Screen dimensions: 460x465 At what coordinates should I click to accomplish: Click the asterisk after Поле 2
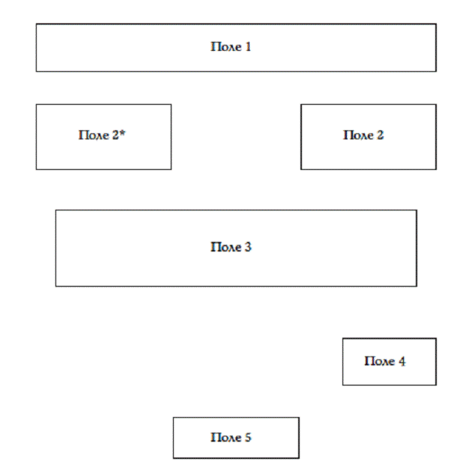(122, 133)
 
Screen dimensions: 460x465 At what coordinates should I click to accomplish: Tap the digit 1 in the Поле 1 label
(248, 47)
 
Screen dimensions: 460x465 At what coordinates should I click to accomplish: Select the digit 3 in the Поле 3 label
(248, 247)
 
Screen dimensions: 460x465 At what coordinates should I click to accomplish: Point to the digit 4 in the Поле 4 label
(402, 361)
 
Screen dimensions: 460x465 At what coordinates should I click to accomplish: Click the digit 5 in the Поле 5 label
(248, 437)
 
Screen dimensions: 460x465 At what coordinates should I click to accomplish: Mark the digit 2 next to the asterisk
(115, 136)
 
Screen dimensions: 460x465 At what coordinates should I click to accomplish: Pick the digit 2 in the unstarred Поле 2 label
(380, 136)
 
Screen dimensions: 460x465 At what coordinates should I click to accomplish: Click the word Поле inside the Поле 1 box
(226, 47)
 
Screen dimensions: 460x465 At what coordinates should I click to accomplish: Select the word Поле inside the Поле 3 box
(226, 247)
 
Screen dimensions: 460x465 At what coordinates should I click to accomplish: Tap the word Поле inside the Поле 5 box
(226, 437)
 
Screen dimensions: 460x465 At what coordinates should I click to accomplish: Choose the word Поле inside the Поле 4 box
(380, 361)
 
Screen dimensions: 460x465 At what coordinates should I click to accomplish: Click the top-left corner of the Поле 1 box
(36, 24)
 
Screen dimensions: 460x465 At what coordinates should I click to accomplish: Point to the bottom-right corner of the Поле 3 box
(417, 286)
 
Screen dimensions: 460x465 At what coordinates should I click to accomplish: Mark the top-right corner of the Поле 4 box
(436, 338)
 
